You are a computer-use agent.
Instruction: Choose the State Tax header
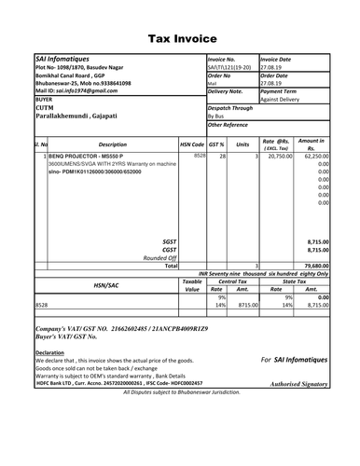point(294,281)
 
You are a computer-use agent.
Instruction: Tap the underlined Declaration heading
point(50,352)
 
